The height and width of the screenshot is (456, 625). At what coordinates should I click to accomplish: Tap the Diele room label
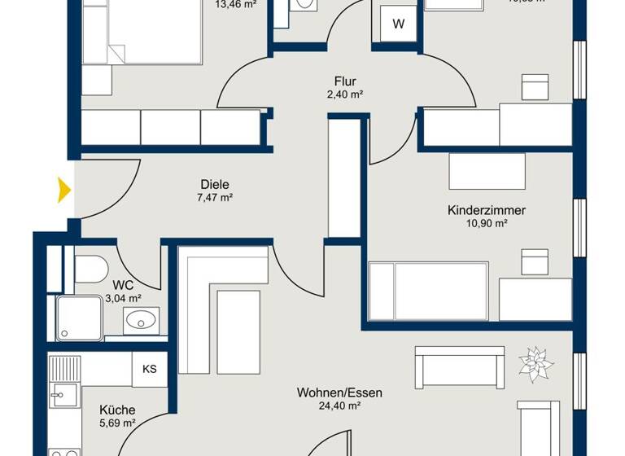pyautogui.click(x=215, y=184)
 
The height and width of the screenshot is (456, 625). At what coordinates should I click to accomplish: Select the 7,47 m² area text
pyautogui.click(x=215, y=198)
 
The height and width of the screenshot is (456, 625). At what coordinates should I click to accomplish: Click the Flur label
pyautogui.click(x=346, y=81)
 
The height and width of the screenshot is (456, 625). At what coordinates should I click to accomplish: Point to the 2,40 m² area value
pyautogui.click(x=346, y=94)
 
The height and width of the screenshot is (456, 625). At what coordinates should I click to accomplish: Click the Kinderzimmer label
pyautogui.click(x=487, y=210)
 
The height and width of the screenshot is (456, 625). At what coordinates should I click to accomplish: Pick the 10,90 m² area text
pyautogui.click(x=487, y=224)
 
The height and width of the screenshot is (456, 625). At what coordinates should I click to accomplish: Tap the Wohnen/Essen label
pyautogui.click(x=339, y=392)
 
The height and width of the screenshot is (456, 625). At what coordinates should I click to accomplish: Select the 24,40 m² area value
pyautogui.click(x=339, y=406)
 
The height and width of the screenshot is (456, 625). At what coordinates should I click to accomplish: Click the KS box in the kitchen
pyautogui.click(x=150, y=370)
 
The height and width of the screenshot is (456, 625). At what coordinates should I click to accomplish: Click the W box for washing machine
pyautogui.click(x=398, y=24)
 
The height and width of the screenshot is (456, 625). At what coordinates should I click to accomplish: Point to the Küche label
pyautogui.click(x=117, y=410)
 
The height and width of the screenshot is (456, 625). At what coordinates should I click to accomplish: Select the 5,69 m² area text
pyautogui.click(x=117, y=423)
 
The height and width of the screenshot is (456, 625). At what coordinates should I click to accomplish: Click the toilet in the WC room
pyautogui.click(x=91, y=267)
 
